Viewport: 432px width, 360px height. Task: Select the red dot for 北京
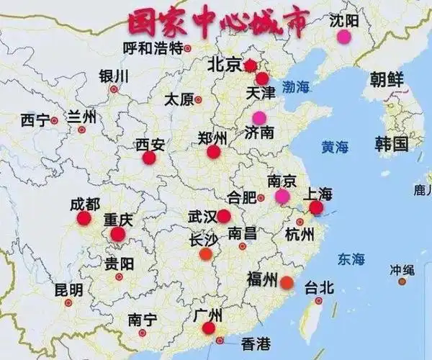(x=250, y=66)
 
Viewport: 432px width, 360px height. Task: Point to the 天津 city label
(x=260, y=94)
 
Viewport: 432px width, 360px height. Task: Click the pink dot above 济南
(x=258, y=117)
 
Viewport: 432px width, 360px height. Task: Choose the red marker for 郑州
(x=213, y=152)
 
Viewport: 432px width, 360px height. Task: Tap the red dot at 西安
(x=149, y=158)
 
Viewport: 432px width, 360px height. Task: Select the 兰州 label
(x=81, y=117)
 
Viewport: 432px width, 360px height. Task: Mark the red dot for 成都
(x=84, y=218)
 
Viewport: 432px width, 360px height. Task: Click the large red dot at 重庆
(x=117, y=234)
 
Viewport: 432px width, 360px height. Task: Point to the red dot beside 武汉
(x=224, y=216)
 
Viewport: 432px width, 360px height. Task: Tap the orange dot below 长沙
(x=205, y=253)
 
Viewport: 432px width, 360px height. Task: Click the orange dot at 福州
(x=287, y=282)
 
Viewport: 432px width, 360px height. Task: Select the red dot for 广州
(x=209, y=328)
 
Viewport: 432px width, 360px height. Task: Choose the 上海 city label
(x=318, y=193)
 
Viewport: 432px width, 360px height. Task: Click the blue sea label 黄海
(x=335, y=148)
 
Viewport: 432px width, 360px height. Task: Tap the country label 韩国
(x=390, y=143)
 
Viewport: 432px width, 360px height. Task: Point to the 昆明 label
(x=68, y=289)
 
